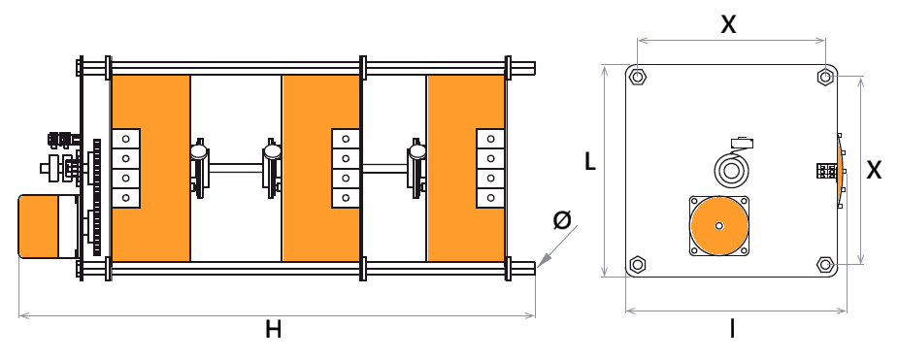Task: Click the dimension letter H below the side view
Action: point(274,329)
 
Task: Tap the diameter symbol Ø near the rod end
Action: point(562,219)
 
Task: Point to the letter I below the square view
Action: point(733,329)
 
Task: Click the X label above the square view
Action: point(728,24)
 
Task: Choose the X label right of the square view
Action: point(874,170)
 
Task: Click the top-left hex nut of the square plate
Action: point(637,76)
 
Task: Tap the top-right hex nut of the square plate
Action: point(825,76)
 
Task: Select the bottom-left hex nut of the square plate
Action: point(637,264)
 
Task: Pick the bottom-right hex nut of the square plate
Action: point(825,264)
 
